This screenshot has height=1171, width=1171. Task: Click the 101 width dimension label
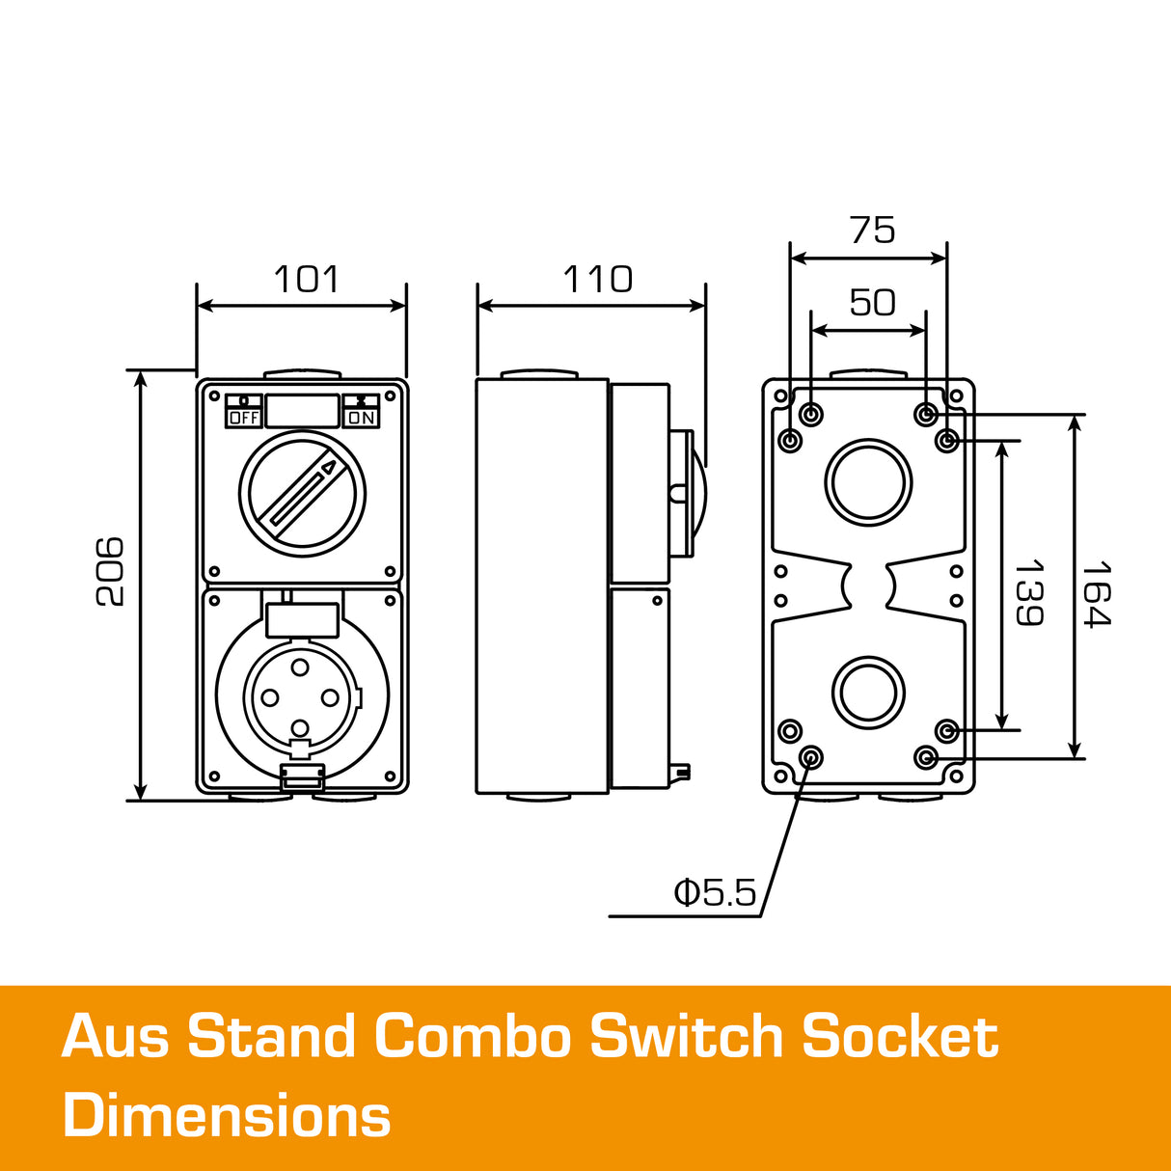(307, 280)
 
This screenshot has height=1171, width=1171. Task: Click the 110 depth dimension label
(597, 280)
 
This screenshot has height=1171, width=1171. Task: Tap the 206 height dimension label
(110, 571)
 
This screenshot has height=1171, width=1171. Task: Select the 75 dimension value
(872, 231)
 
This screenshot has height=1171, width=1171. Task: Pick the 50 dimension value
(872, 303)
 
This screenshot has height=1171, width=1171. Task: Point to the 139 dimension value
(1028, 592)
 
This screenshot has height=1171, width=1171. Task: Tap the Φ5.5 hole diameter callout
(715, 893)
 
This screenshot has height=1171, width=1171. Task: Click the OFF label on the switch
(244, 418)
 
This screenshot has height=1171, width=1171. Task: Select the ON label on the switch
(362, 418)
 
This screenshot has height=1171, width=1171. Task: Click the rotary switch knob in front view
(302, 494)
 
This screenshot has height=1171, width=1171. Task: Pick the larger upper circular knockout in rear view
(868, 482)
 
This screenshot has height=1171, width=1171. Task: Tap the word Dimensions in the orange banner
(227, 1116)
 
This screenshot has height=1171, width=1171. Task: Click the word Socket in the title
(900, 1037)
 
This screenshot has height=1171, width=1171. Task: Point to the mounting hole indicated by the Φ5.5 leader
(811, 756)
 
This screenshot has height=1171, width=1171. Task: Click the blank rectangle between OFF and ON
(302, 411)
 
